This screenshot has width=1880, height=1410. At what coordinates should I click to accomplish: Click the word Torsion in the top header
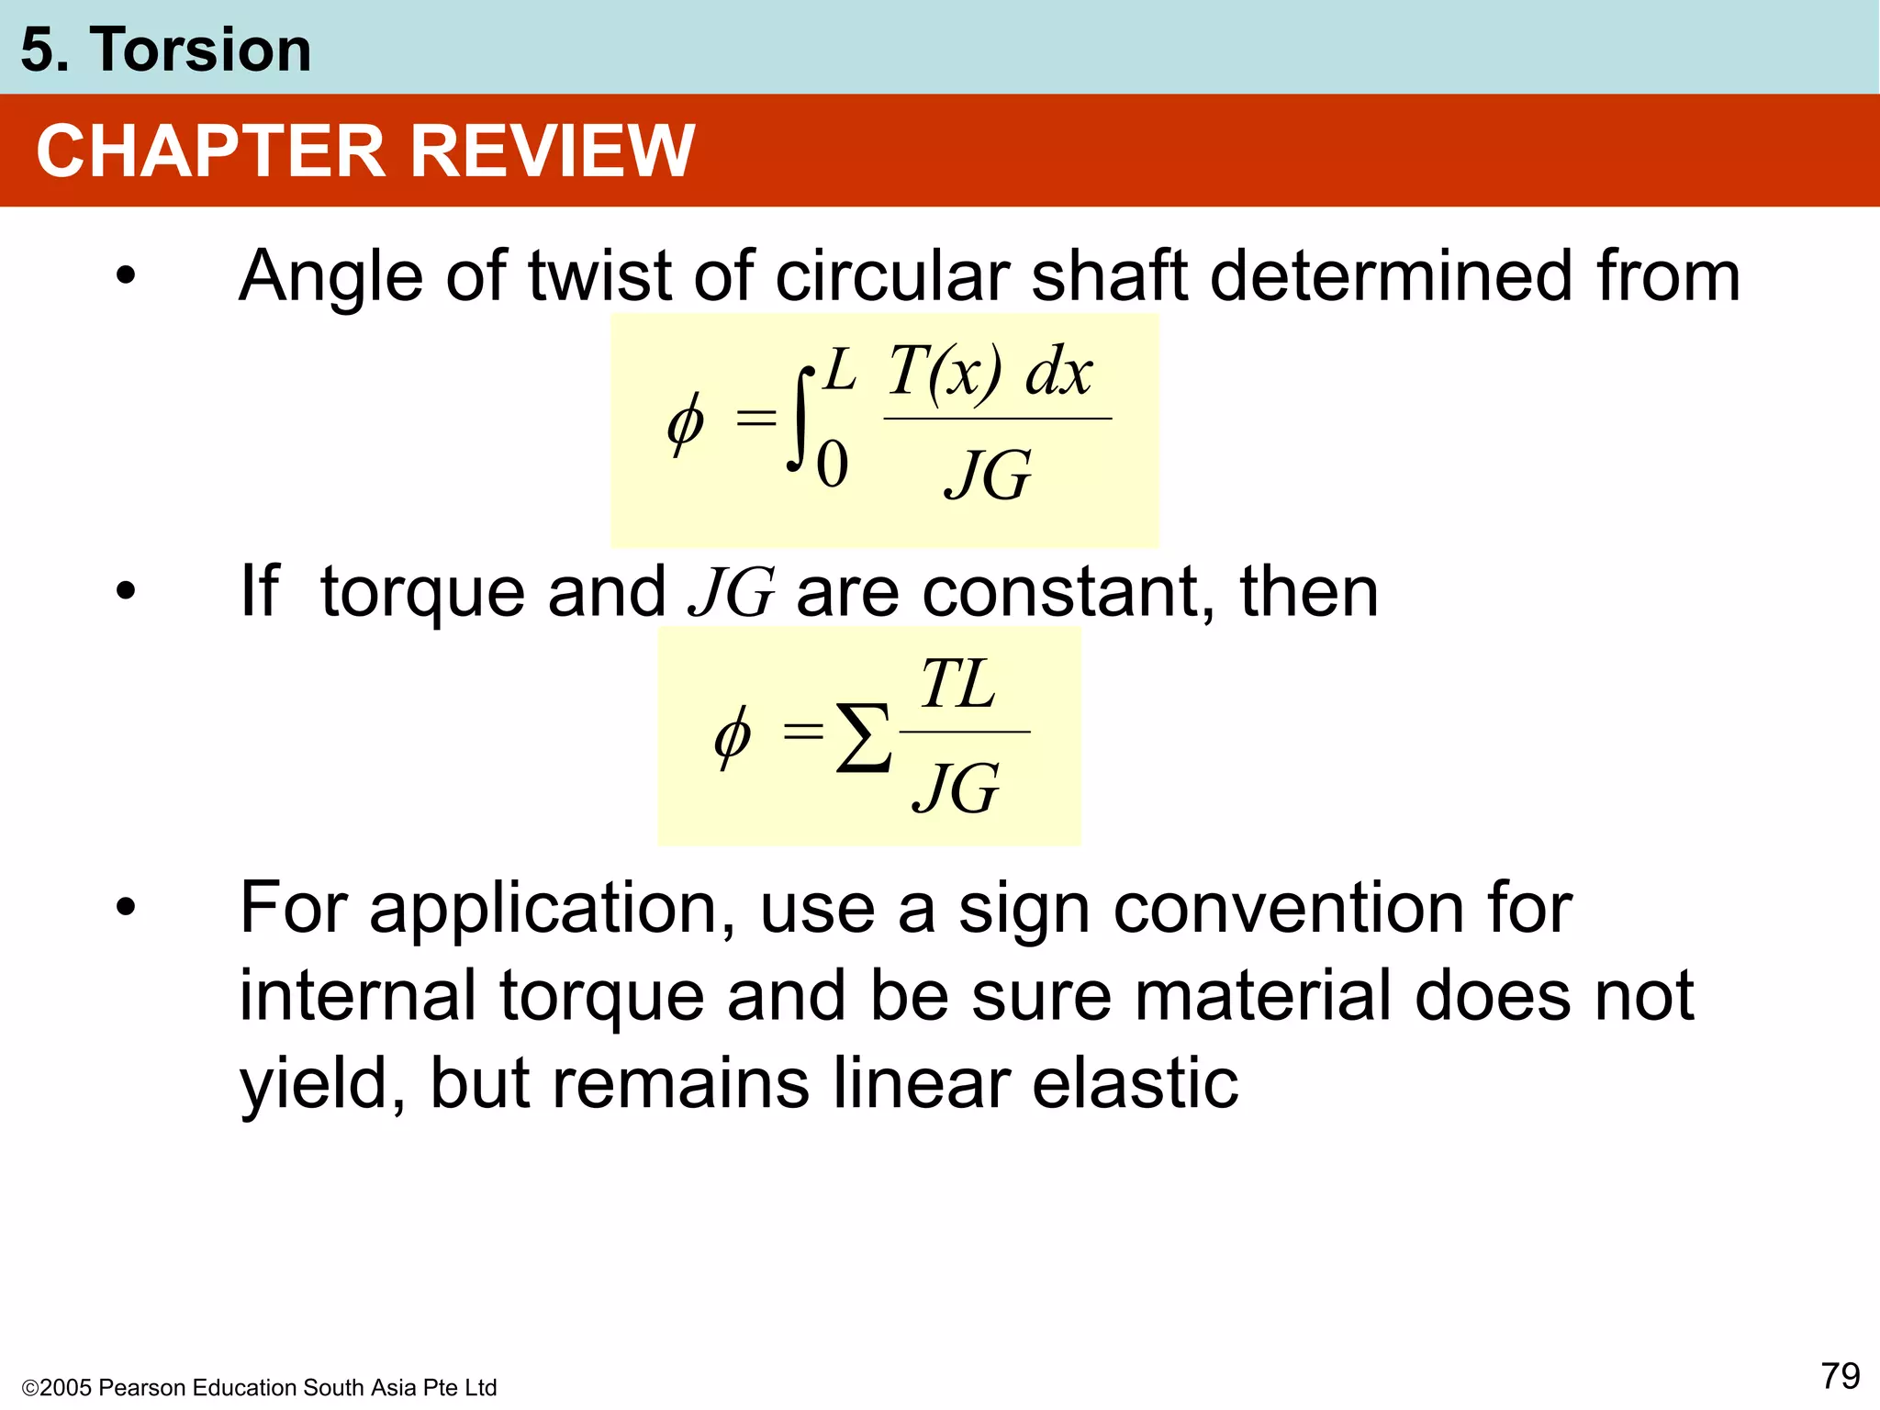(x=200, y=50)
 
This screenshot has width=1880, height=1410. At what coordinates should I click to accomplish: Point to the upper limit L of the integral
(x=839, y=371)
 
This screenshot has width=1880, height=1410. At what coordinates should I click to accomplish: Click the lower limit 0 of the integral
(x=832, y=464)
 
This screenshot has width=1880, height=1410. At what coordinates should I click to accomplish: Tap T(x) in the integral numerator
(x=946, y=373)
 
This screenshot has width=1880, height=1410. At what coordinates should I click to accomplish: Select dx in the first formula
(x=1058, y=373)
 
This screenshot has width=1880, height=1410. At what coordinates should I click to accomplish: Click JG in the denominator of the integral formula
(x=988, y=475)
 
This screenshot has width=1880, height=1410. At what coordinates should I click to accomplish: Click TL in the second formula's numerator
(x=957, y=685)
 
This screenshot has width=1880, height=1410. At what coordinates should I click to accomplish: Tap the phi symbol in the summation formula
(x=733, y=736)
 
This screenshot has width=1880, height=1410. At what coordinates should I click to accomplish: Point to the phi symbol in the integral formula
(x=686, y=423)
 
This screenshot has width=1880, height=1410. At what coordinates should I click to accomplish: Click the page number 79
(x=1840, y=1376)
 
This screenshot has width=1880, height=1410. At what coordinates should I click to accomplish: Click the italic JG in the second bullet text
(x=732, y=592)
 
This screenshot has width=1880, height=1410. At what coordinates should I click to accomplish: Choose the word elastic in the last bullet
(x=1135, y=1083)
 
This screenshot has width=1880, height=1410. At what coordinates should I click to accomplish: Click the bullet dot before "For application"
(x=126, y=908)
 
